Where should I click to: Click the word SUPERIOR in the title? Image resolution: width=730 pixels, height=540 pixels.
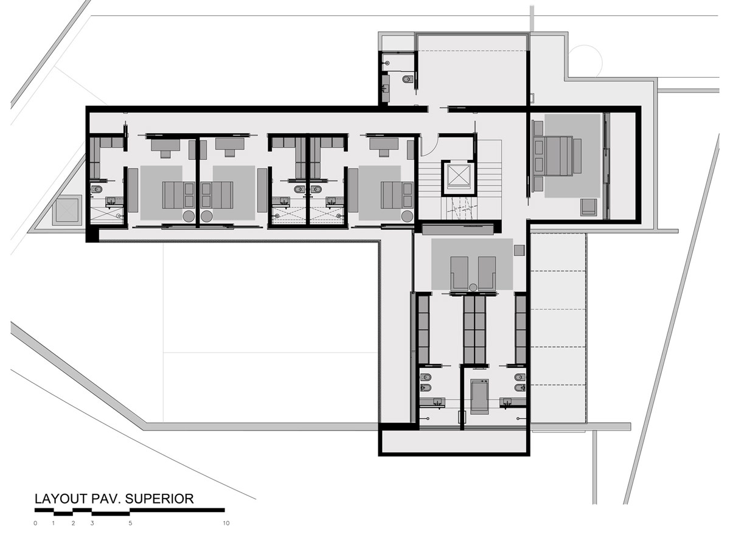point(159,499)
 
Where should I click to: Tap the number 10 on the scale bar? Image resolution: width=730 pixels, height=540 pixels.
point(226,523)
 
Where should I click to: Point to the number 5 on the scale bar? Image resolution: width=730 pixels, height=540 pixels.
point(130,523)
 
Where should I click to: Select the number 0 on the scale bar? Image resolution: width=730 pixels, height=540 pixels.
point(35,523)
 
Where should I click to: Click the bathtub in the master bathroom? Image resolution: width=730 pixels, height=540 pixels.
point(480,396)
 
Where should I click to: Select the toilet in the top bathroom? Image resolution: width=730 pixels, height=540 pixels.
point(408,79)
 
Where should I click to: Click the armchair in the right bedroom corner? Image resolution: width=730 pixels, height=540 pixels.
point(589,207)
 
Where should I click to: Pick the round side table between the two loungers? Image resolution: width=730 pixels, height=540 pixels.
point(473,287)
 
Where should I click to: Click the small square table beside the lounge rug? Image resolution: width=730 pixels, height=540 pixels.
point(519,250)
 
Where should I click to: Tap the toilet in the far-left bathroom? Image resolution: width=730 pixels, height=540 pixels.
point(97,190)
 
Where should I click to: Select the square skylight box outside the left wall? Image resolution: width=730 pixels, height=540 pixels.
point(68,210)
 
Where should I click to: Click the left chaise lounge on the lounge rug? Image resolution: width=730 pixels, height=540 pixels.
point(459,272)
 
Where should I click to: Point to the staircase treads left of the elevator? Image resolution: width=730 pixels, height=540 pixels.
point(431,180)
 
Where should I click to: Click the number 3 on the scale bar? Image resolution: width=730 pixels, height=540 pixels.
point(92,523)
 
